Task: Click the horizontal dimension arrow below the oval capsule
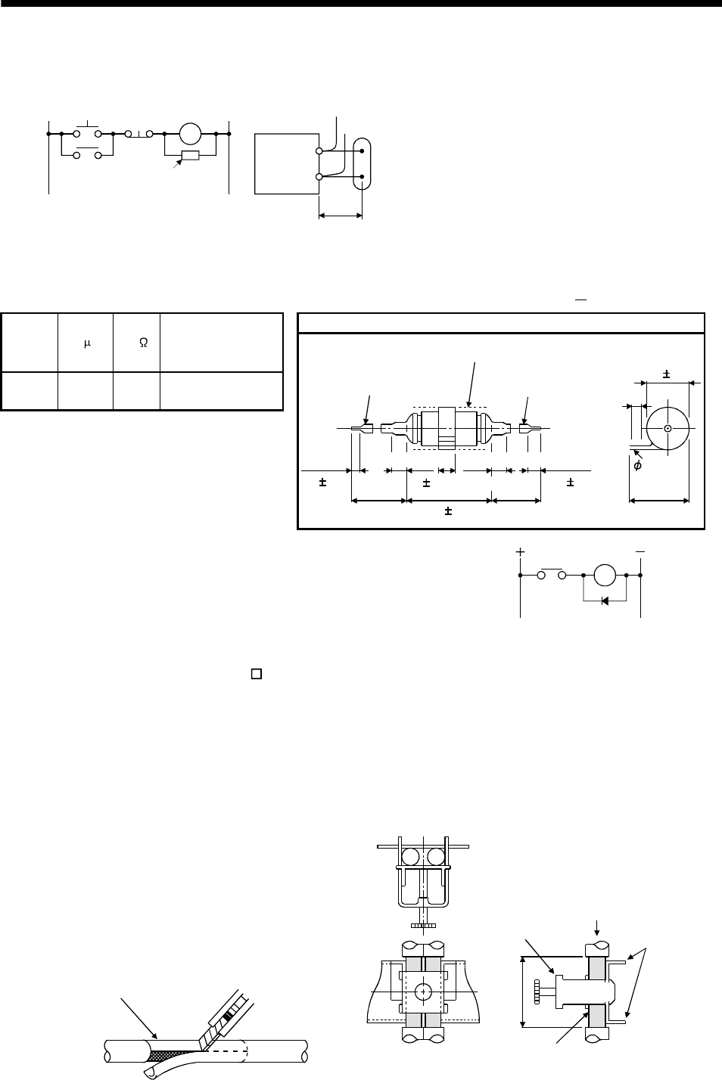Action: pyautogui.click(x=341, y=216)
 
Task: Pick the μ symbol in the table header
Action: pyautogui.click(x=86, y=343)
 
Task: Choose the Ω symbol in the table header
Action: pyautogui.click(x=143, y=343)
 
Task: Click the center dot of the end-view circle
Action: pyautogui.click(x=668, y=429)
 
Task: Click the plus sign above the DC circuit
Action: pyautogui.click(x=520, y=552)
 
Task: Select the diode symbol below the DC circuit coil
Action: pyautogui.click(x=604, y=601)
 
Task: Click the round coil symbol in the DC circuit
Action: pyautogui.click(x=605, y=576)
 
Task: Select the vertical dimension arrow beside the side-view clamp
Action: pyautogui.click(x=523, y=991)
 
